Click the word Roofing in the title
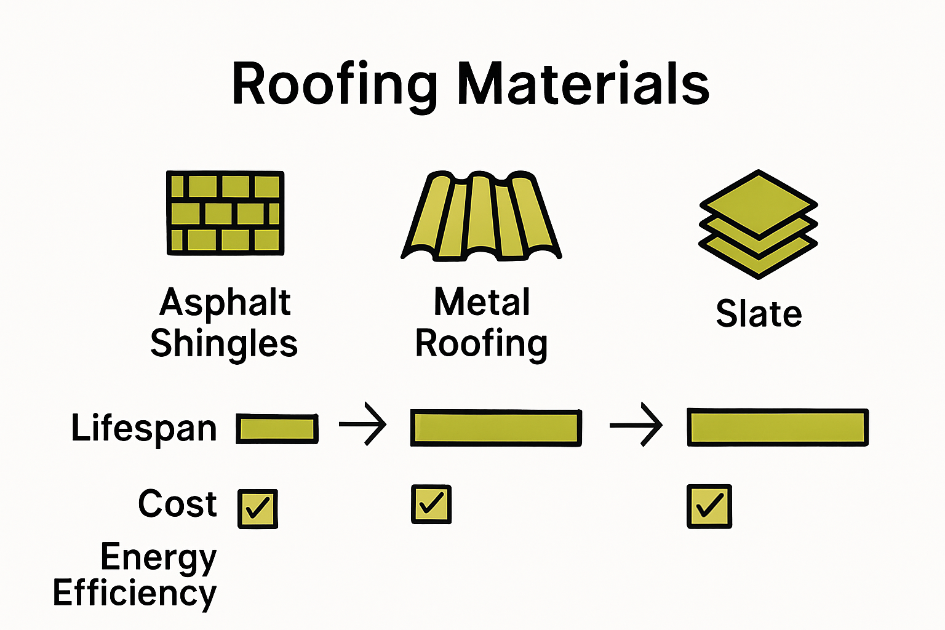335,85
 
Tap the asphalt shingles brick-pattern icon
225,213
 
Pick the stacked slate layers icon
758,224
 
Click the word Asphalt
225,302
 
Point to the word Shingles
224,343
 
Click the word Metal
482,302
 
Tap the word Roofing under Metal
481,343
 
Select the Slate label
759,314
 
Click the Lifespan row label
144,428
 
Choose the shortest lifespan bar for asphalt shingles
277,428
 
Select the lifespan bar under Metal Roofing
496,428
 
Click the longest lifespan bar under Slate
778,427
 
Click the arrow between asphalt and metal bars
363,424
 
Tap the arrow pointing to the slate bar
636,424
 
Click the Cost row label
177,504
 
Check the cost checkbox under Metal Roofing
431,504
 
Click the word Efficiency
135,593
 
